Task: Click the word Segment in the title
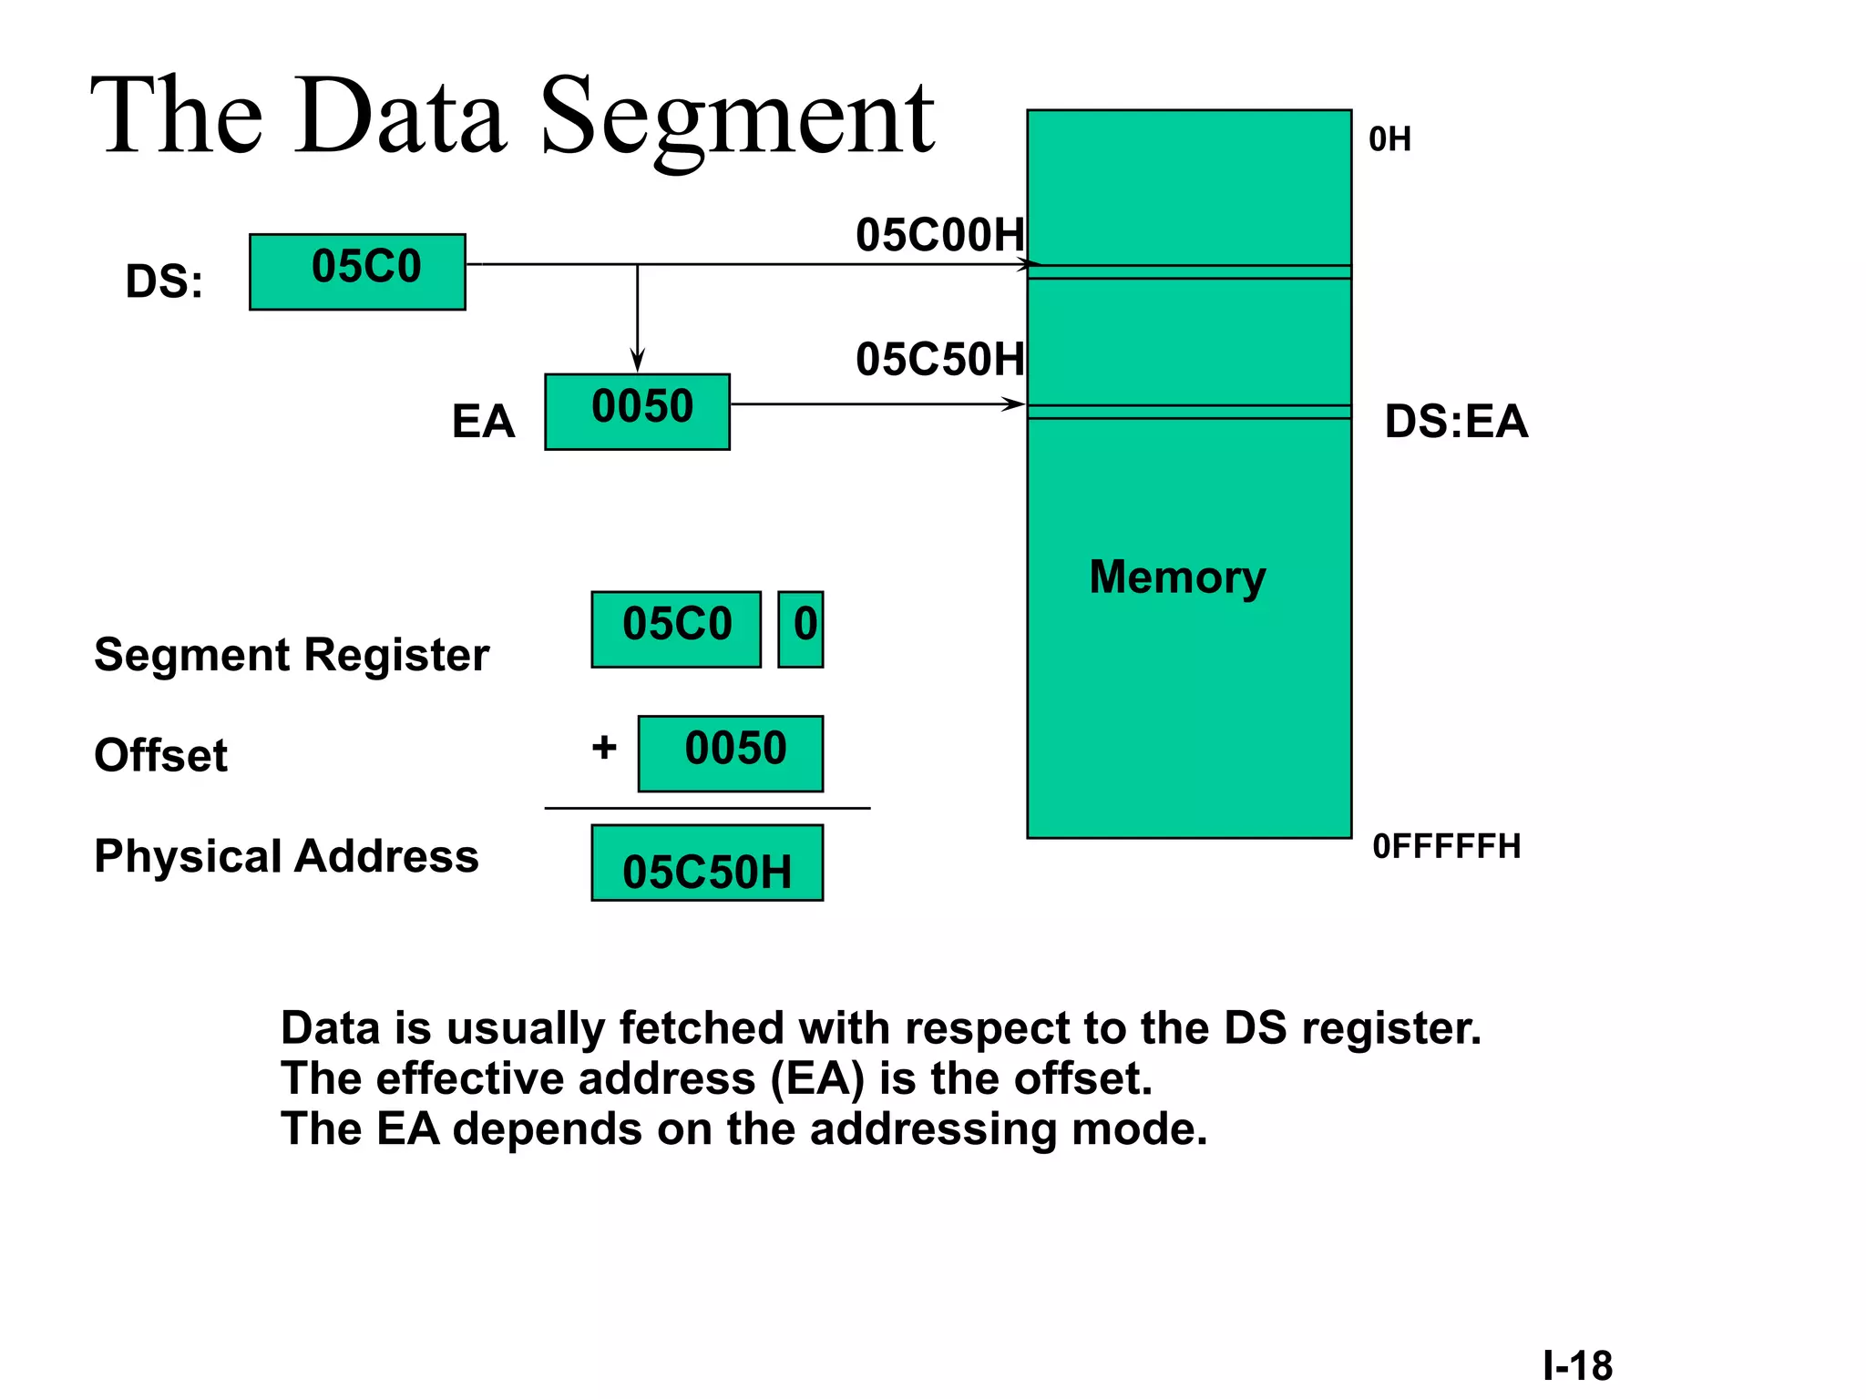tap(736, 118)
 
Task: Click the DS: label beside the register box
tap(164, 281)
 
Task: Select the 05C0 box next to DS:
tap(357, 271)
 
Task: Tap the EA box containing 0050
tap(637, 412)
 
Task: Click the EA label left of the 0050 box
tap(483, 422)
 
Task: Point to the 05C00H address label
tap(939, 235)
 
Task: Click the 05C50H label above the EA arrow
tap(939, 360)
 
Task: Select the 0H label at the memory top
tap(1389, 139)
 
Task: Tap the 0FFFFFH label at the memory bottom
tap(1446, 846)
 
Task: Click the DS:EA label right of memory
tap(1456, 422)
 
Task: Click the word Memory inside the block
tap(1177, 577)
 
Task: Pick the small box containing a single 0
tap(801, 629)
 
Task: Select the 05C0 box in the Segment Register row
tap(676, 629)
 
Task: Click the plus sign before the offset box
tap(604, 748)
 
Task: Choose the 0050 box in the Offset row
tap(731, 753)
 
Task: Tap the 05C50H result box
tap(707, 863)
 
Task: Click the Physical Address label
tap(286, 856)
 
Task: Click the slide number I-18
tap(1577, 1365)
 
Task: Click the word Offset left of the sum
tap(160, 755)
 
